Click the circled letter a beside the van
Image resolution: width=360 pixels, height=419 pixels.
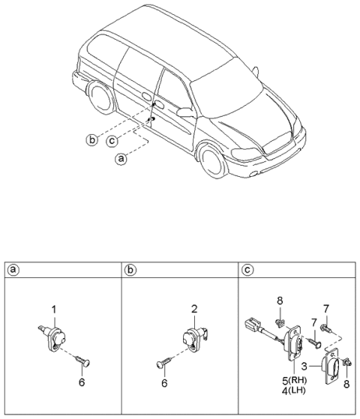[x=120, y=158]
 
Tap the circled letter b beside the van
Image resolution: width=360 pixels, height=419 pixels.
[x=91, y=139]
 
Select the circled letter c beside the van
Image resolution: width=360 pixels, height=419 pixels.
[x=111, y=141]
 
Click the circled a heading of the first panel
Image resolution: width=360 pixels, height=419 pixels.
[x=13, y=269]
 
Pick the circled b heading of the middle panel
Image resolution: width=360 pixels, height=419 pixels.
[x=130, y=269]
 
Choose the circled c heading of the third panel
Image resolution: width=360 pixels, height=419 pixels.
[x=248, y=269]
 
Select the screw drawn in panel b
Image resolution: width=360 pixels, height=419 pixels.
[x=164, y=363]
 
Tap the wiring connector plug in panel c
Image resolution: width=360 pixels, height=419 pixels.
[x=253, y=328]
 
